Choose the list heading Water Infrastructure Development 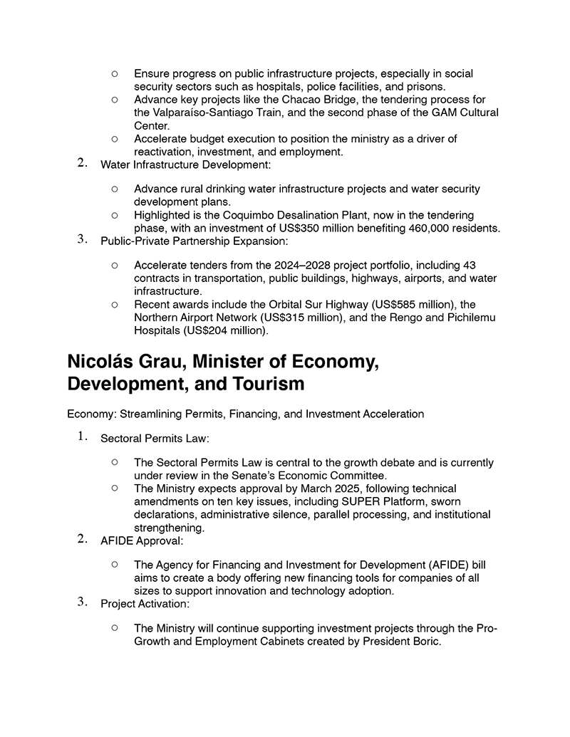185,165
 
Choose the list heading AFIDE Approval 142,541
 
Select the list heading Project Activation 145,604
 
